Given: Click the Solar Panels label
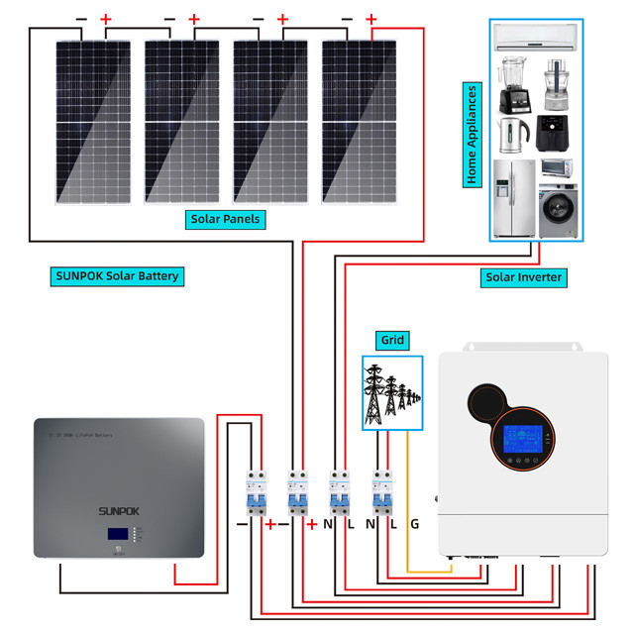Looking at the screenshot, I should (224, 218).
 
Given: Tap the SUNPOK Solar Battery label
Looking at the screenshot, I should (117, 275).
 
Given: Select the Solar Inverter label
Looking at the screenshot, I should (524, 277).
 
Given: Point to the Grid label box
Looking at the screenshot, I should (392, 340).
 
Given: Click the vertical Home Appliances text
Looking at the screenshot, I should (473, 136).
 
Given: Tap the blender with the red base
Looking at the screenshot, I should (512, 86).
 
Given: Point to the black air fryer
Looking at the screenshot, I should (553, 133).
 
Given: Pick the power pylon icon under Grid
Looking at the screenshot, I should (392, 393).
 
